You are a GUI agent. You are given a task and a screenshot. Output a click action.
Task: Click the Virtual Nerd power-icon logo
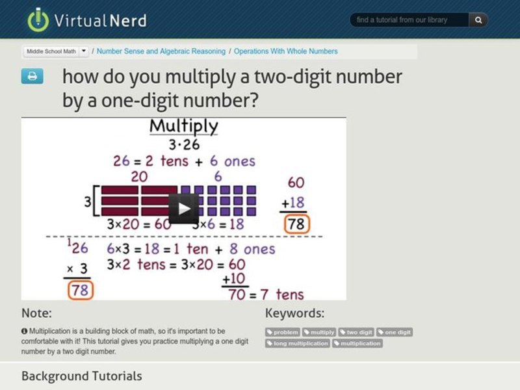pyautogui.click(x=38, y=19)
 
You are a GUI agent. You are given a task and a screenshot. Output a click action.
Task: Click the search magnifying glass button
pyautogui.click(x=478, y=20)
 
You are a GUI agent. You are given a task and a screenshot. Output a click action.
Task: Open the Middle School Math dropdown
pyautogui.click(x=84, y=51)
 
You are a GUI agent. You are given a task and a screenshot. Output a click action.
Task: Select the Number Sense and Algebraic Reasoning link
pyautogui.click(x=161, y=51)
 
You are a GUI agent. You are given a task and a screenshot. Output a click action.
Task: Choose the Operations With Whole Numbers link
pyautogui.click(x=285, y=51)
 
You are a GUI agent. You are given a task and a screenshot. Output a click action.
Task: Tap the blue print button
pyautogui.click(x=32, y=77)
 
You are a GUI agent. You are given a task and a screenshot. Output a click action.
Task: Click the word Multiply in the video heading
pyautogui.click(x=184, y=126)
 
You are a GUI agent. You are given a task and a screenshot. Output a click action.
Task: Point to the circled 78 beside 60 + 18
pyautogui.click(x=296, y=224)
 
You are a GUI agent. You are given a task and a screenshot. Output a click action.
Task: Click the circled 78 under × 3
pyautogui.click(x=79, y=290)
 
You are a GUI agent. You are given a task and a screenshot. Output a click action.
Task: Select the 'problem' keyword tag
pyautogui.click(x=283, y=332)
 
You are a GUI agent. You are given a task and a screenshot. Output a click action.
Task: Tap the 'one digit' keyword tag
pyautogui.click(x=395, y=332)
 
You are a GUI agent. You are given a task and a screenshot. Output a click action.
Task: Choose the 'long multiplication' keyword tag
pyautogui.click(x=298, y=343)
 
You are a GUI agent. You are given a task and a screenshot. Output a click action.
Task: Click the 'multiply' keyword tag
pyautogui.click(x=319, y=332)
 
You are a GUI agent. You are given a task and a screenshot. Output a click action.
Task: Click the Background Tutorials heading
pyautogui.click(x=81, y=376)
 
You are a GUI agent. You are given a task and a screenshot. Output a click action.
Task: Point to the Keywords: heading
pyautogui.click(x=294, y=313)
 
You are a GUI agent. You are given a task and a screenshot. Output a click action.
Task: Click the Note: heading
pyautogui.click(x=36, y=313)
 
